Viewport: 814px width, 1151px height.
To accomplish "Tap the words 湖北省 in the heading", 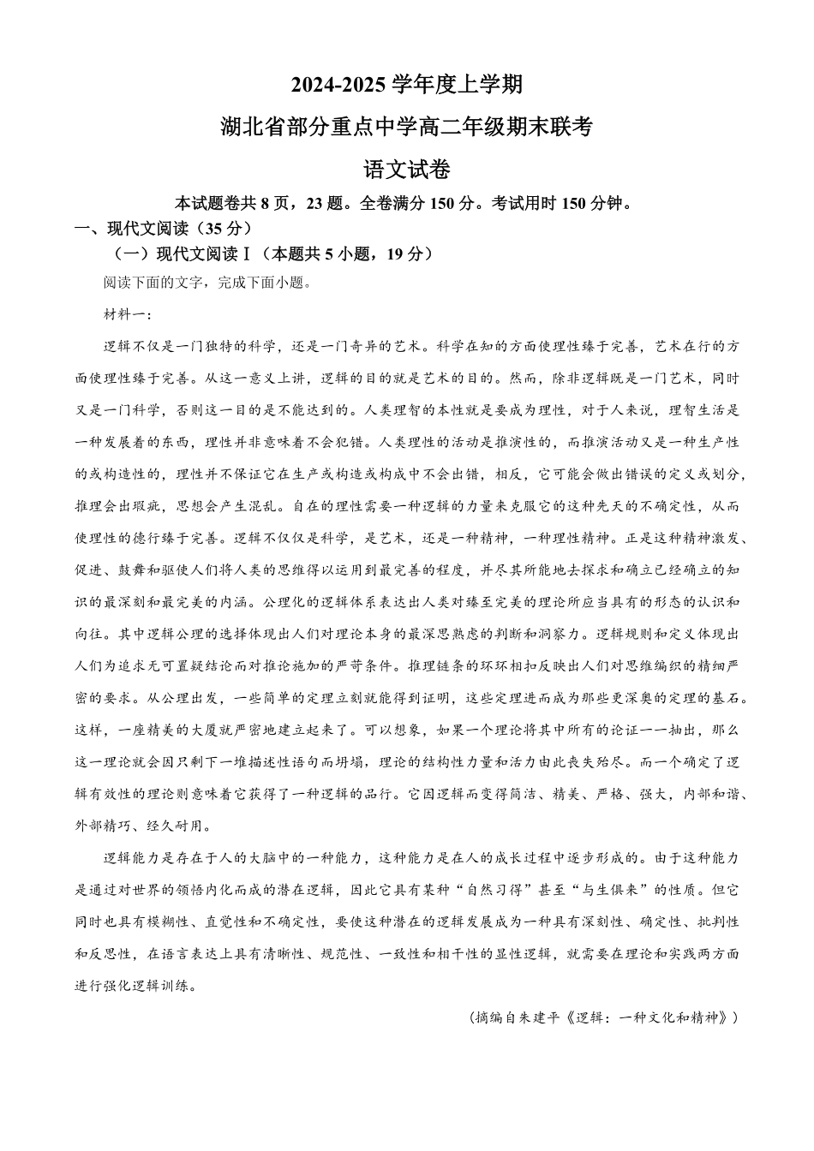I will (x=245, y=127).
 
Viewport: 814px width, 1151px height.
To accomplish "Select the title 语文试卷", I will (x=407, y=170).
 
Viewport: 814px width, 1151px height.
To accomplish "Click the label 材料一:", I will (x=126, y=314).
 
